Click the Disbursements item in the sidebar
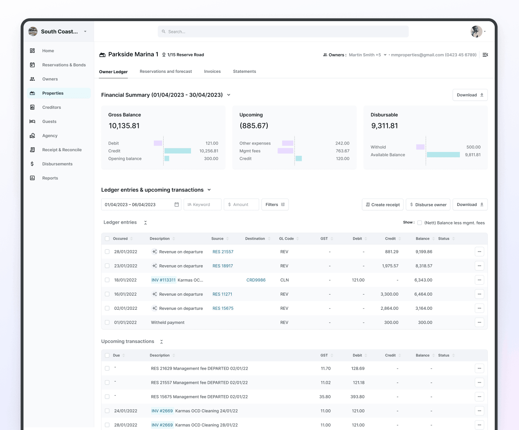click(x=57, y=164)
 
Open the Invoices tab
click(x=212, y=72)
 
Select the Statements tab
click(x=244, y=72)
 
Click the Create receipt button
click(x=382, y=204)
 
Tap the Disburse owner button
click(x=428, y=204)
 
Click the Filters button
click(x=275, y=204)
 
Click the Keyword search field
click(x=202, y=204)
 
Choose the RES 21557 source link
click(x=223, y=252)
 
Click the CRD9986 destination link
click(x=256, y=280)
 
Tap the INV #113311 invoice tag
click(x=163, y=280)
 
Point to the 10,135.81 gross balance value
click(x=124, y=126)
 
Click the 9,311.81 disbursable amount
click(x=384, y=126)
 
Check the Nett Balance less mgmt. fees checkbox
click(x=420, y=223)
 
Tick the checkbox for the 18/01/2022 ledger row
click(x=107, y=280)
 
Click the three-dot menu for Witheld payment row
click(x=479, y=322)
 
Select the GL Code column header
click(x=287, y=238)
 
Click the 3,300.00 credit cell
click(x=389, y=294)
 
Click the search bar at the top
click(x=283, y=32)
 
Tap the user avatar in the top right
click(x=476, y=32)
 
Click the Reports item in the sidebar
click(x=50, y=178)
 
